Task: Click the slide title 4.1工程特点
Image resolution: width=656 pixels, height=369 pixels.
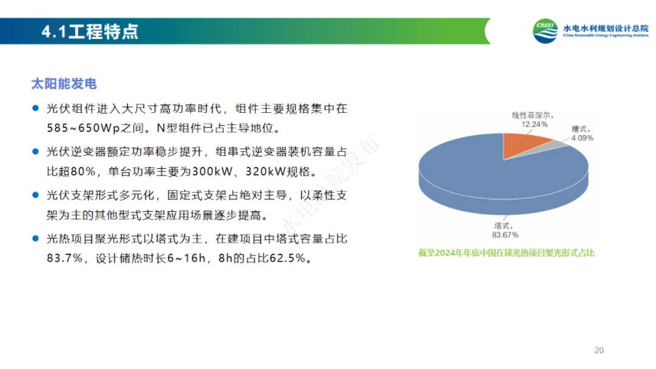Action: tap(90, 32)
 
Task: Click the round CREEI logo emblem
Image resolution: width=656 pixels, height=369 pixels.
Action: tap(545, 31)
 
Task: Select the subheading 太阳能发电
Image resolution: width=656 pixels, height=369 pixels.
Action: tap(64, 84)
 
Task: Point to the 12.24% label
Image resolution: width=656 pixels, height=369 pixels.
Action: tap(535, 124)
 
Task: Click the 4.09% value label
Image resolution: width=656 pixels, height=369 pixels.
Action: tap(583, 138)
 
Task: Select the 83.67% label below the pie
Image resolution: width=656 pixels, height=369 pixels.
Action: tap(505, 235)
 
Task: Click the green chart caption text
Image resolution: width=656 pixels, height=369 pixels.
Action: tap(506, 253)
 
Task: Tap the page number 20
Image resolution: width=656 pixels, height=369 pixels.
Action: tap(599, 350)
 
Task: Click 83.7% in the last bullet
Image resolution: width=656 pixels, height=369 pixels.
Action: tap(64, 259)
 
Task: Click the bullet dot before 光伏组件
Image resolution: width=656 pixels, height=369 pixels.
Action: tap(36, 108)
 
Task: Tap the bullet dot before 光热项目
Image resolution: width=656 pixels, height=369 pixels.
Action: tap(36, 239)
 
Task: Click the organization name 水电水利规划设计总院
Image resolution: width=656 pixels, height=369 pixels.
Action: tap(606, 28)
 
